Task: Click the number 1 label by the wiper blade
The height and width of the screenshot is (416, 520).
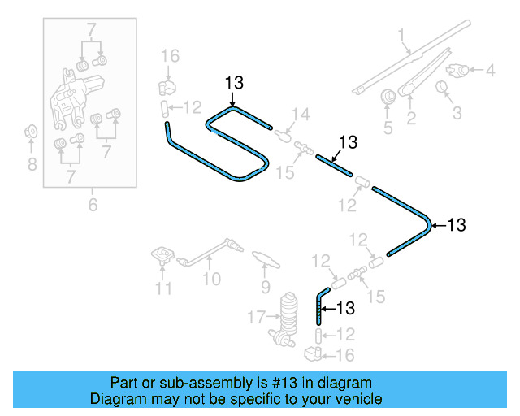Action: (x=401, y=34)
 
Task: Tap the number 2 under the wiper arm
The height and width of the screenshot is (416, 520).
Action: (x=411, y=119)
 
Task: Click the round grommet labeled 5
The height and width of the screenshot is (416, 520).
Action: (x=388, y=97)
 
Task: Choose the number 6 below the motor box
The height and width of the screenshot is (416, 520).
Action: (x=93, y=205)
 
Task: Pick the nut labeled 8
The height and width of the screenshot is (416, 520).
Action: (x=32, y=131)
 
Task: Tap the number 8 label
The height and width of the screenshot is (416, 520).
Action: (x=32, y=165)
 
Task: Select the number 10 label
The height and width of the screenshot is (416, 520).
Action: (x=211, y=279)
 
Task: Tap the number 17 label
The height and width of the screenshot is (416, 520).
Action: (x=257, y=316)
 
